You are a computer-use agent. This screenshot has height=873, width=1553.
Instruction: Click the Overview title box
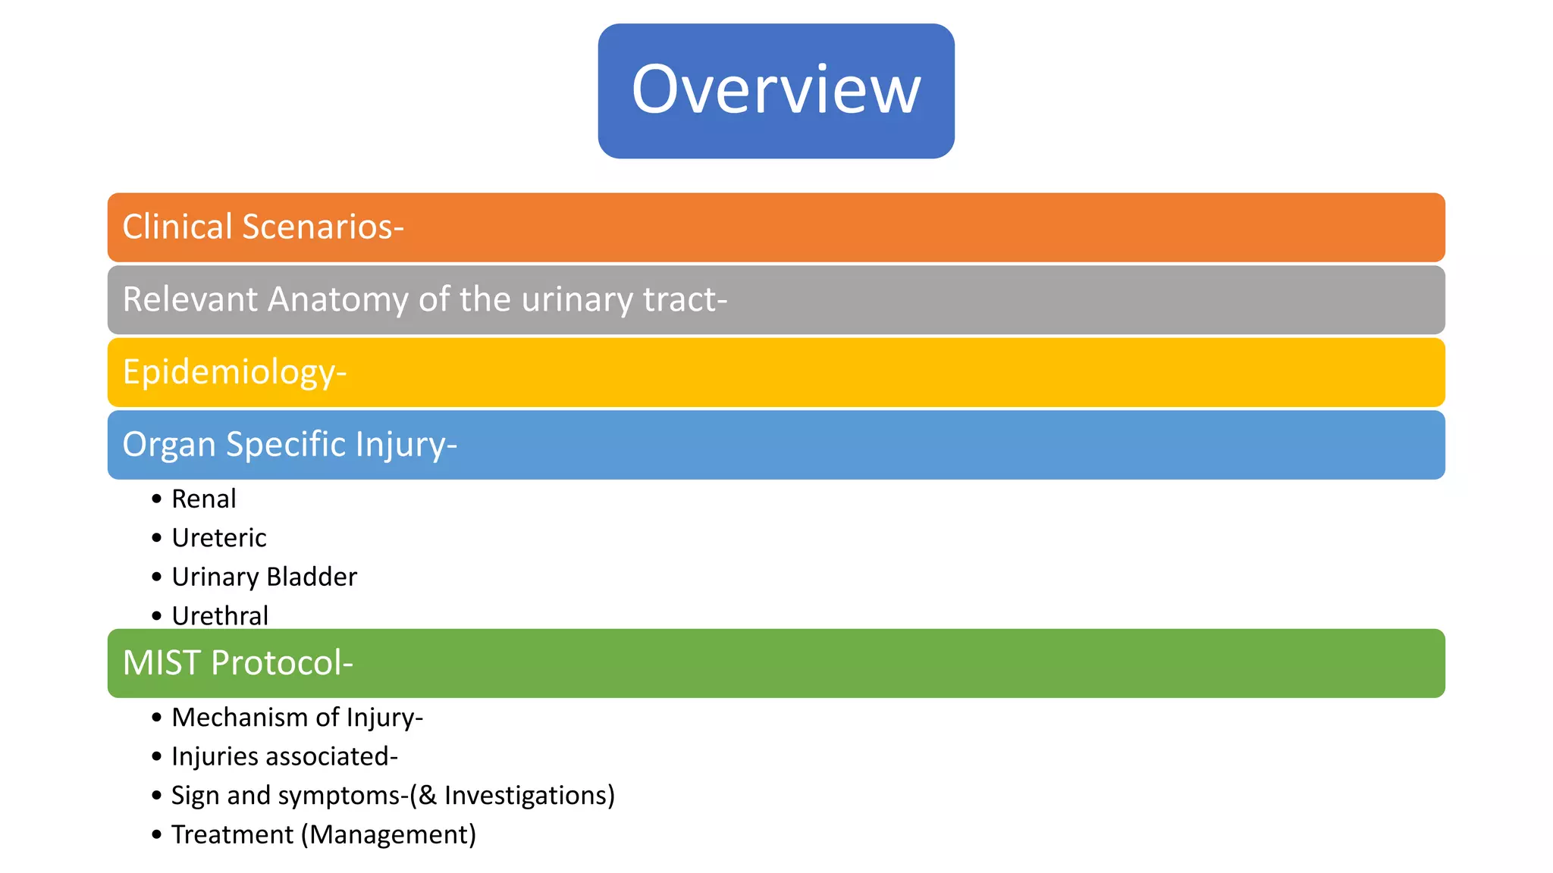click(x=776, y=91)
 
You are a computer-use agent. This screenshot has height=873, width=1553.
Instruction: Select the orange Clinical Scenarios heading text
click(x=262, y=227)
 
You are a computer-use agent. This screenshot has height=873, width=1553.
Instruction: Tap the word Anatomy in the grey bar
click(x=338, y=299)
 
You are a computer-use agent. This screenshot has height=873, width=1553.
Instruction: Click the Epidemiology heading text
click(x=234, y=372)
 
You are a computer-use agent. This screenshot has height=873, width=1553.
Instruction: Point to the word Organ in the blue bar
click(x=169, y=445)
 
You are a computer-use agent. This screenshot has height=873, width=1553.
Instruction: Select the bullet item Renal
click(x=203, y=499)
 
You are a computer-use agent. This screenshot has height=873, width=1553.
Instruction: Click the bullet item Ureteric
click(x=218, y=538)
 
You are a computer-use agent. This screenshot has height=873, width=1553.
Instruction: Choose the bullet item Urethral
click(x=220, y=615)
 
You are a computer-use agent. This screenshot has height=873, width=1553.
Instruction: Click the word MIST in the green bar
click(x=161, y=663)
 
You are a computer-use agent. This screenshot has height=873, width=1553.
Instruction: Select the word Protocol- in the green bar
click(x=282, y=663)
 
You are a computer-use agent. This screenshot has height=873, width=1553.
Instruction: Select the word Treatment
click(x=232, y=834)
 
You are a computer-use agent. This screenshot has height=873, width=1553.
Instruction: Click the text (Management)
click(x=388, y=834)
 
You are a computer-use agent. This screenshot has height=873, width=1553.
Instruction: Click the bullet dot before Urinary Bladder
click(x=157, y=577)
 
